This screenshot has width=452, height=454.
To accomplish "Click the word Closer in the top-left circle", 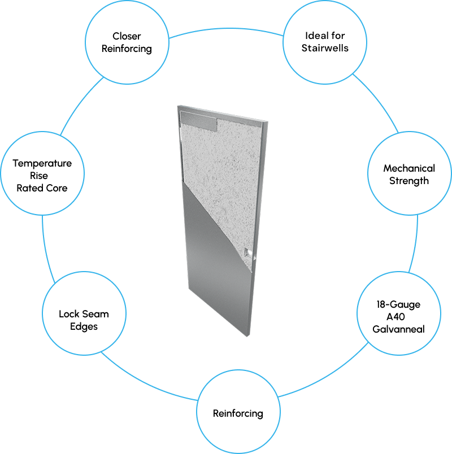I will click(x=127, y=37).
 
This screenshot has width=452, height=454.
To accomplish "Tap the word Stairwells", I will click(x=325, y=48).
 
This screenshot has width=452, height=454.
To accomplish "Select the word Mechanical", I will click(x=409, y=168).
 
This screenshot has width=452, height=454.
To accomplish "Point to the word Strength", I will click(x=409, y=181).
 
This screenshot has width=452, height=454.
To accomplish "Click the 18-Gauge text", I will click(x=398, y=304).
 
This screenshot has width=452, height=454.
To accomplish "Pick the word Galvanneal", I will click(x=398, y=329).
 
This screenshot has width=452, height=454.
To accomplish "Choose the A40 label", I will click(x=398, y=317).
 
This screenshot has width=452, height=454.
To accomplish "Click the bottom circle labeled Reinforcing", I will click(x=238, y=413).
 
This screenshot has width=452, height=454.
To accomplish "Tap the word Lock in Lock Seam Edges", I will click(x=68, y=314).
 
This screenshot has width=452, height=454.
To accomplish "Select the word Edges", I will click(x=84, y=326).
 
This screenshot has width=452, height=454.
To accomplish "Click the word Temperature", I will click(x=42, y=163).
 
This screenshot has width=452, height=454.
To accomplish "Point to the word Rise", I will click(x=42, y=176).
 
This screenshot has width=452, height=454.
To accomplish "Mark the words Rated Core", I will click(x=42, y=188).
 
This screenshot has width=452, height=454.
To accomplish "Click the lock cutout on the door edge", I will click(x=247, y=252).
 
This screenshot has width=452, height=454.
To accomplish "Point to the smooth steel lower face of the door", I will click(x=218, y=271).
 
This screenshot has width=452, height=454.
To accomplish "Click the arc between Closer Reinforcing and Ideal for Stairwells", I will click(x=226, y=29).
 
